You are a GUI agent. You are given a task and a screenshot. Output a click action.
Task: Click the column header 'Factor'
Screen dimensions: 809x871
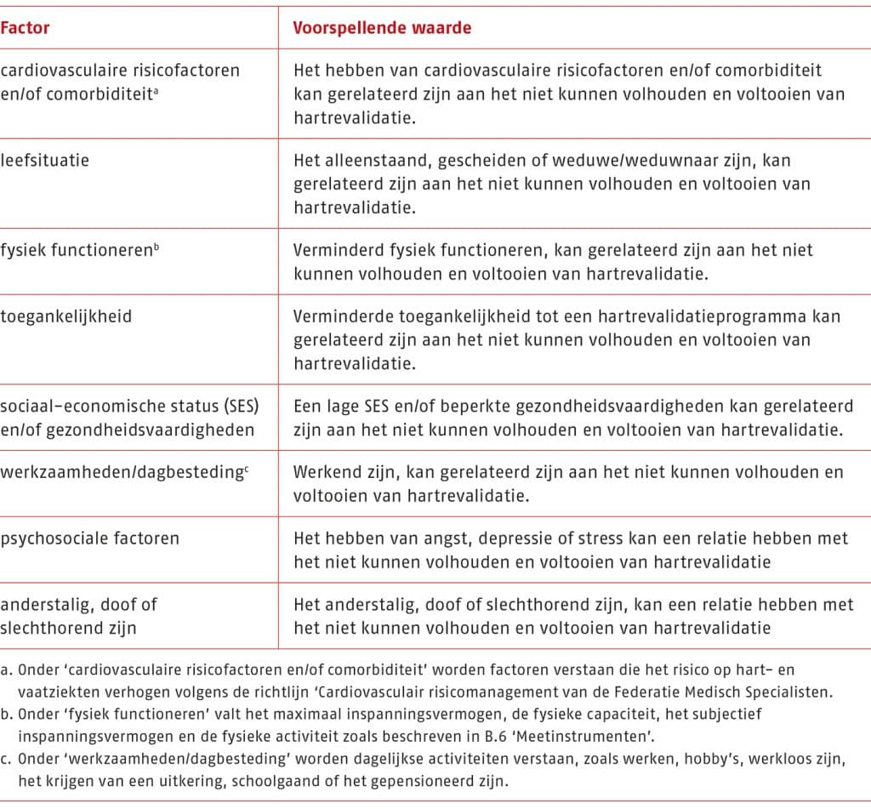coord(25,28)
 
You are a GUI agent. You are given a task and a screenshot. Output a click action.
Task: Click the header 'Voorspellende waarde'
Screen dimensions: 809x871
coord(382,28)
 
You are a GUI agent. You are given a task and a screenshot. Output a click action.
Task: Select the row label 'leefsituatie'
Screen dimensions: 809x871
coord(45,160)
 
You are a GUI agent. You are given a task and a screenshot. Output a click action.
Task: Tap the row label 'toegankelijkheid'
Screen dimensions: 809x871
coord(65,316)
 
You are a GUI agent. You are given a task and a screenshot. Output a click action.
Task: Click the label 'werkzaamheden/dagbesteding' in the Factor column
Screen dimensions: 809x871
coord(122,471)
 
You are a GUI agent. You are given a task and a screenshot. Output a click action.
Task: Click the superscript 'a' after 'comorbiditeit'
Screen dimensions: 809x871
coord(157,89)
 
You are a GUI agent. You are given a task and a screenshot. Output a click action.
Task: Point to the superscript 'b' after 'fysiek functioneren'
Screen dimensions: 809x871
coord(155,246)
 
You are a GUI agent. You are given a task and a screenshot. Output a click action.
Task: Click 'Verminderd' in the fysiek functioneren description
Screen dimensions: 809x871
coord(333,250)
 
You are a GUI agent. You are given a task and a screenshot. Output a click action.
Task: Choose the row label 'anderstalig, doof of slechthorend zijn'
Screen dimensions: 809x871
coord(78,616)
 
